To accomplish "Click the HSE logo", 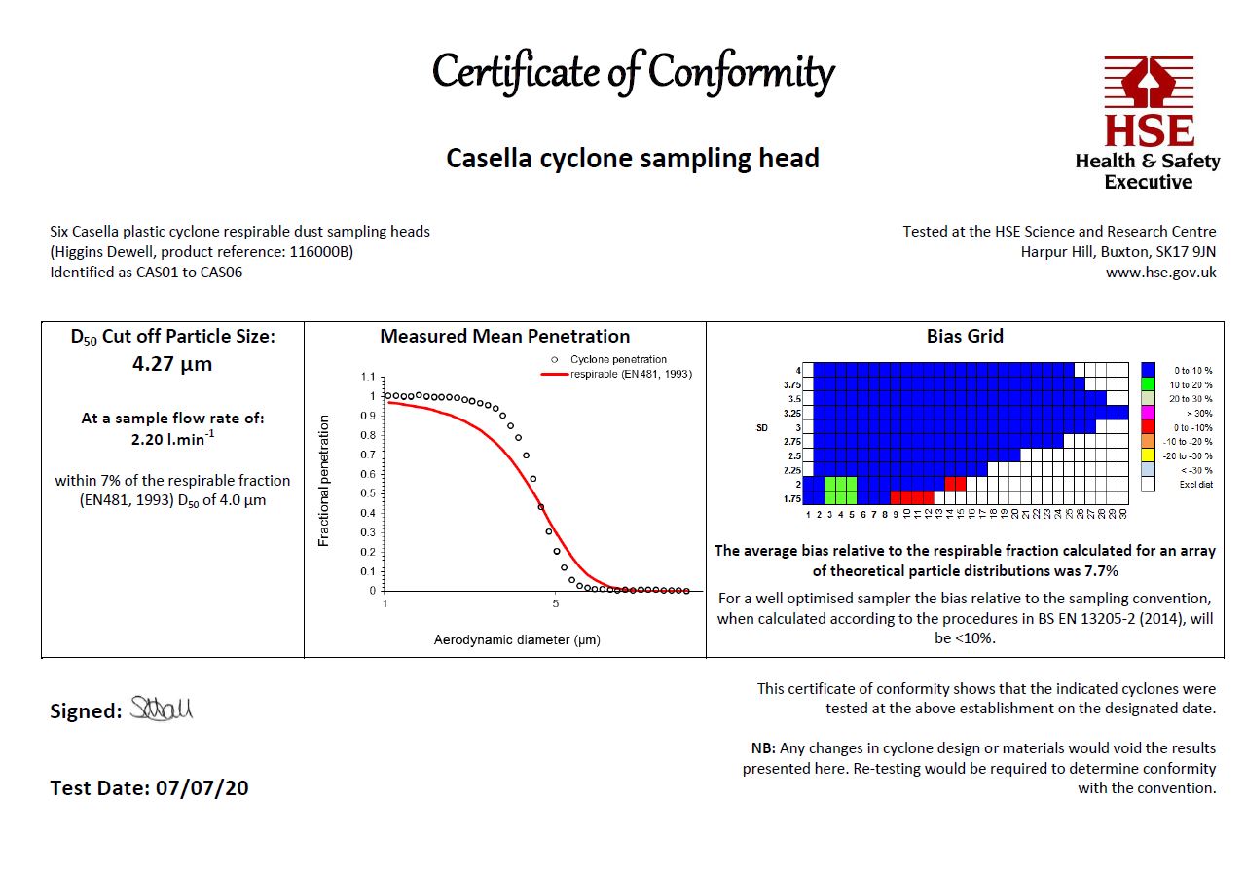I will [x=1148, y=123].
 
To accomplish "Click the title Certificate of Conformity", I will [x=633, y=73].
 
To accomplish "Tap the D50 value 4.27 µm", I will [x=172, y=365].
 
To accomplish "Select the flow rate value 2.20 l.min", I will [x=171, y=439].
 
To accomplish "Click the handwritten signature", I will [x=162, y=710].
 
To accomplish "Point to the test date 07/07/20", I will [x=202, y=787].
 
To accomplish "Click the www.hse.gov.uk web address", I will [x=1160, y=273].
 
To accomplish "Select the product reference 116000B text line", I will [x=202, y=252].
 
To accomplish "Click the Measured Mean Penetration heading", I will [x=504, y=337].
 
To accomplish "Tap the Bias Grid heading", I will [x=965, y=337].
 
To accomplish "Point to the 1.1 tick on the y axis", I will [x=367, y=377].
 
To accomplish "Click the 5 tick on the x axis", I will [x=555, y=604].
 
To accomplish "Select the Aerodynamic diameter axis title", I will [x=516, y=640].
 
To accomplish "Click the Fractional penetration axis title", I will [x=325, y=481].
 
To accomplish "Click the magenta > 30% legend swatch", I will [x=1149, y=414].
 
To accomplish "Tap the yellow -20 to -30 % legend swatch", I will [x=1149, y=455].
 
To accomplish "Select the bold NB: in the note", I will [x=762, y=748].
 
